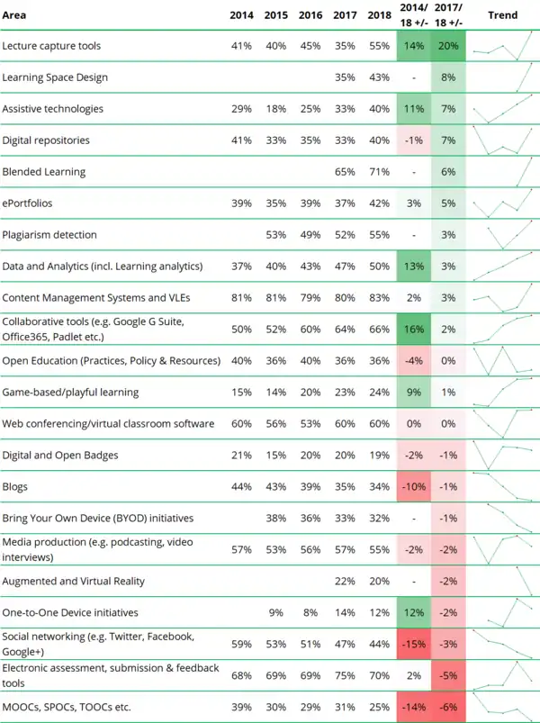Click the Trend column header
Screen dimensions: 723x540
[502, 15]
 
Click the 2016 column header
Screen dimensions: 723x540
[310, 15]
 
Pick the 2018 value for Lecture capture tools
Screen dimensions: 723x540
[379, 45]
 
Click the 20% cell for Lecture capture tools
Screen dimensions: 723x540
[448, 45]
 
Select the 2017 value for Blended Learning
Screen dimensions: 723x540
[345, 171]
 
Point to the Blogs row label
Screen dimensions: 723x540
[15, 487]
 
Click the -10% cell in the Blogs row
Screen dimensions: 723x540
[413, 487]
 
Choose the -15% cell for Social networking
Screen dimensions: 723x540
[413, 644]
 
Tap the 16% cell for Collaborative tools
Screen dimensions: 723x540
[413, 330]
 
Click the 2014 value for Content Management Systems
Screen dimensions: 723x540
[240, 297]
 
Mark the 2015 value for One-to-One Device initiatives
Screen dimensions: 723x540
[275, 612]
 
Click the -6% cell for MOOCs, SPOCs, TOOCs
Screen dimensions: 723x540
[448, 708]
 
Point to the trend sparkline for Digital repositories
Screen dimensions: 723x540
[502, 140]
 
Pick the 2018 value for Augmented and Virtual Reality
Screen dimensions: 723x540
[379, 581]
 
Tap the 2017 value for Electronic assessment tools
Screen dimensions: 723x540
[345, 675]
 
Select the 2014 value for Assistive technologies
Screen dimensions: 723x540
[240, 108]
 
